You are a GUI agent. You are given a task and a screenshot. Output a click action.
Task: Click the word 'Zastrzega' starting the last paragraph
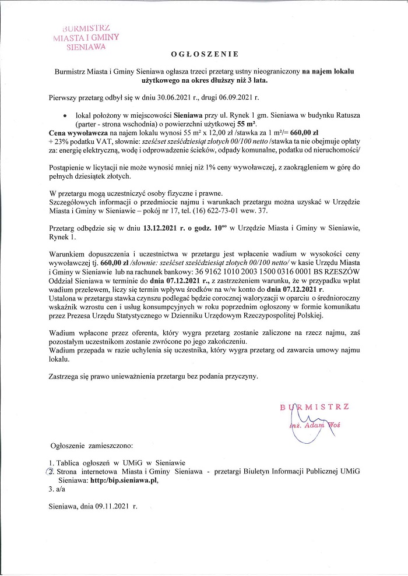tap(65, 376)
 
